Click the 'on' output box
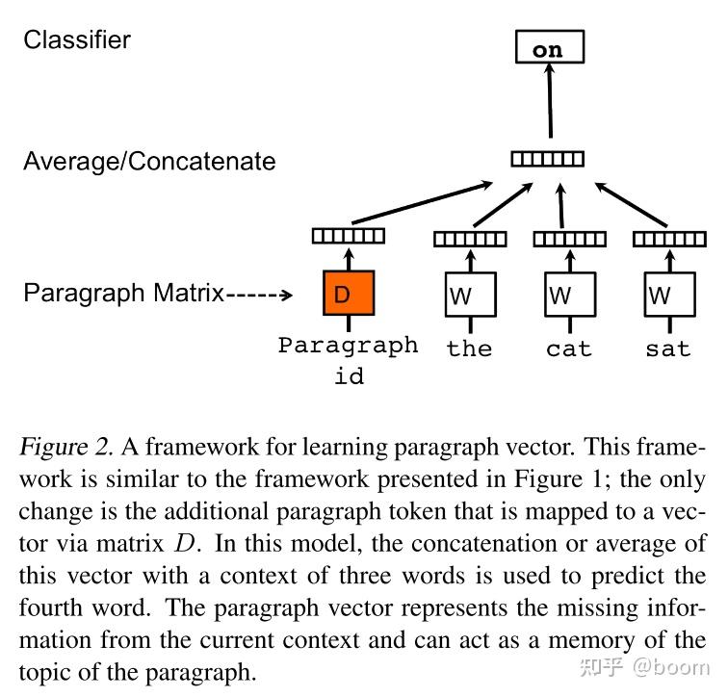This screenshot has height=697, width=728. (547, 48)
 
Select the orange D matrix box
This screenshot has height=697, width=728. (348, 294)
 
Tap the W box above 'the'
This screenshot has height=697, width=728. (469, 294)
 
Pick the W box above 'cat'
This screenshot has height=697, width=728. (569, 294)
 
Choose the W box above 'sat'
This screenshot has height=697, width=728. (668, 294)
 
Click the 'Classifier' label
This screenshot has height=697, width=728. (77, 39)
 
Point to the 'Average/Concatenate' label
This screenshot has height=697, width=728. (149, 161)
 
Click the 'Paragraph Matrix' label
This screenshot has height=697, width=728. (123, 293)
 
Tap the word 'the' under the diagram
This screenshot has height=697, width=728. (469, 348)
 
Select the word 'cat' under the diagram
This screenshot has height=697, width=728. (569, 348)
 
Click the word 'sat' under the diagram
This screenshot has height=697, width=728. (668, 348)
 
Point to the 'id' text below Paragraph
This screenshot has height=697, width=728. (349, 375)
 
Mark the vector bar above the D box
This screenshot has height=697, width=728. (348, 235)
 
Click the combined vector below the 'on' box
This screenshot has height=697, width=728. (547, 159)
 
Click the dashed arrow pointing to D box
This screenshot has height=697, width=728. (258, 295)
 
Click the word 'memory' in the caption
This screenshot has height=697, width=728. (595, 640)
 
